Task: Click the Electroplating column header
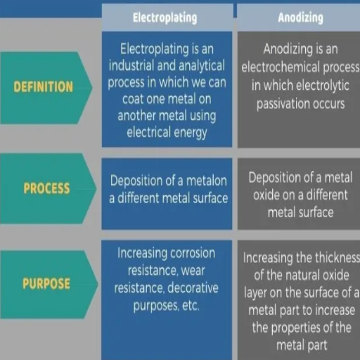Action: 165,18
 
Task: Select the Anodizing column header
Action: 300,18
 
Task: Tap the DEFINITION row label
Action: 44,86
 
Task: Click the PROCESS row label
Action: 46,188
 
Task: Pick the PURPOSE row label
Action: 46,283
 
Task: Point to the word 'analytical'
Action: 202,66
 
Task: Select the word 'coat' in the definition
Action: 132,99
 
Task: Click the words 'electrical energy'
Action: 167,133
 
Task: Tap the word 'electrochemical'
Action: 281,67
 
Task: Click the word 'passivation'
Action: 283,104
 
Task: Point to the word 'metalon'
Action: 207,181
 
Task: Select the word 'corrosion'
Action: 193,253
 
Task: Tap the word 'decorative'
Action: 193,288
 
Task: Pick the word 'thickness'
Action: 337,257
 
